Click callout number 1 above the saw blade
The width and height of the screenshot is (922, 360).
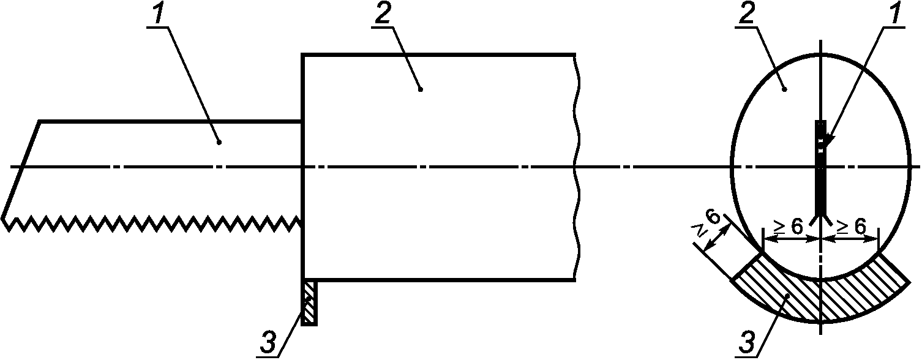pos(159,16)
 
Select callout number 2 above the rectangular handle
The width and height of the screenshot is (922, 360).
pos(383,16)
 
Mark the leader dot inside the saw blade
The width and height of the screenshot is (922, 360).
pos(219,143)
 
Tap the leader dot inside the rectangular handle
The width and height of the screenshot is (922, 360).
pos(420,89)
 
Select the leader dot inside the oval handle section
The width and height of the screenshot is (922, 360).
pos(784,89)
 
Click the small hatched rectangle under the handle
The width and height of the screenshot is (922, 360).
pos(309,302)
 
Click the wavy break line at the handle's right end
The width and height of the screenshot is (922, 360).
pos(577,167)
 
